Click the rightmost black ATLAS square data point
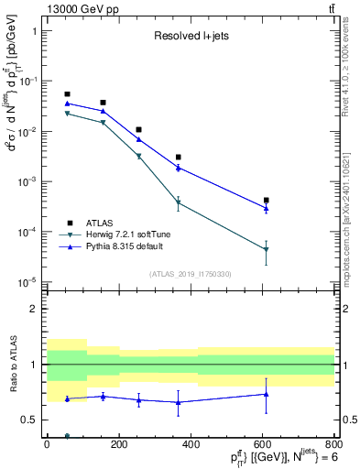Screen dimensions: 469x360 point(267,200)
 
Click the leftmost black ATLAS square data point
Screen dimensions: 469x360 point(67,94)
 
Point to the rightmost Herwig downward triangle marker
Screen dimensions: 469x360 point(267,249)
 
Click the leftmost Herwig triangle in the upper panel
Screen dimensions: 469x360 point(67,114)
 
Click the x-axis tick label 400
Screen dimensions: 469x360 point(191,444)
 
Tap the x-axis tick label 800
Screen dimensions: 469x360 point(333,444)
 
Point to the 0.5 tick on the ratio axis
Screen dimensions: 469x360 point(33,420)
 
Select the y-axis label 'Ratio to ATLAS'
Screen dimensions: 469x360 point(12,364)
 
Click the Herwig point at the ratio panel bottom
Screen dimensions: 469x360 point(67,435)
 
